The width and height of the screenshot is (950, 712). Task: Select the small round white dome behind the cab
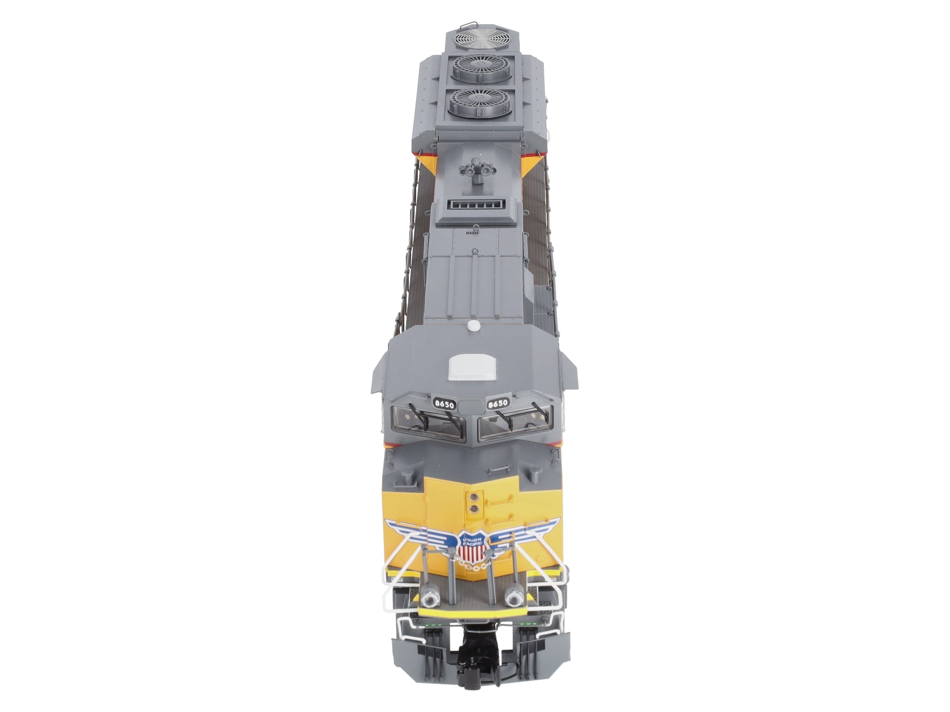(x=474, y=326)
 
